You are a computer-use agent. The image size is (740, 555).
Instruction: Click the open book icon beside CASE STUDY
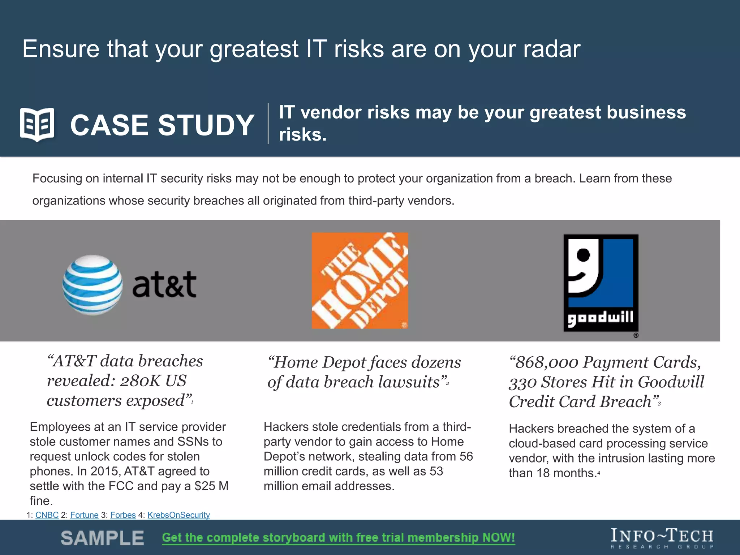37,125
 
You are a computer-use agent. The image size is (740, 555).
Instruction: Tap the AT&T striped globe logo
92,285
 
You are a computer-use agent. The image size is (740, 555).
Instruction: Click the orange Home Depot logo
360,280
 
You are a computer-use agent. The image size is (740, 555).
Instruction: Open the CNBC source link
47,515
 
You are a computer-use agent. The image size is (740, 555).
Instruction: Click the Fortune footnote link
84,515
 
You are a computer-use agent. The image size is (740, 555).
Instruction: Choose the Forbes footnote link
123,515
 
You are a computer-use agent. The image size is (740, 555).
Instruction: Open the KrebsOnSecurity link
178,515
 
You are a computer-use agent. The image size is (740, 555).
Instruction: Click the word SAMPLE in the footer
102,538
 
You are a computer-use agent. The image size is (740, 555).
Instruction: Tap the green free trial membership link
339,538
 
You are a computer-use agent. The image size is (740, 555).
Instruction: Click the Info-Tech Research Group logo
662,538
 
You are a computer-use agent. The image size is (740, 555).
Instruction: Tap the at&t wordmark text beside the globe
164,285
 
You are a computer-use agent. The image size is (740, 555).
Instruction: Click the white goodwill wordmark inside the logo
601,318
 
